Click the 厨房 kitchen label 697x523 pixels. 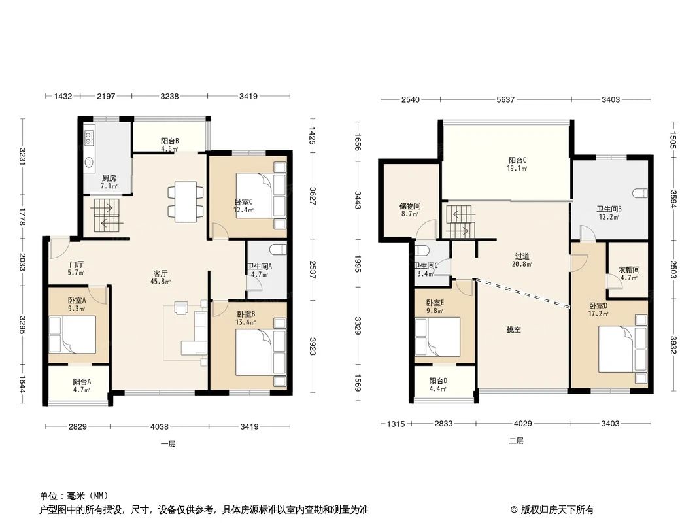(109, 178)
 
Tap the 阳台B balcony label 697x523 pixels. (170, 141)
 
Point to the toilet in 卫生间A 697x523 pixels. (278, 249)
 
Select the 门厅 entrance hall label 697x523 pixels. (76, 265)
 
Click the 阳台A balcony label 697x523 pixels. (82, 382)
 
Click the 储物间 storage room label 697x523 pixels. (410, 206)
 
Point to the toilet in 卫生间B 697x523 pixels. (640, 192)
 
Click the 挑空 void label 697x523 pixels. (513, 330)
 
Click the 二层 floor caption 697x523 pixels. (516, 441)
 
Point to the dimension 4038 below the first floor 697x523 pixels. (160, 427)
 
